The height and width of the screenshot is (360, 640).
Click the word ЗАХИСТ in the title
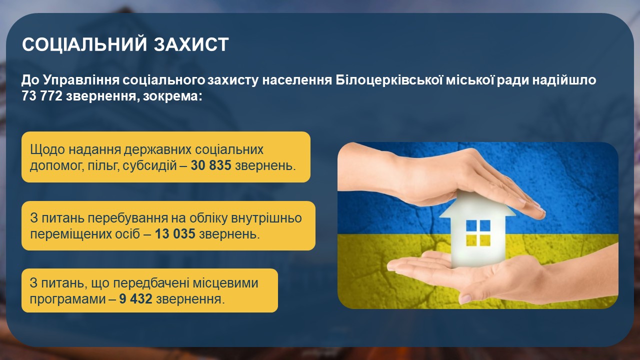click(x=191, y=44)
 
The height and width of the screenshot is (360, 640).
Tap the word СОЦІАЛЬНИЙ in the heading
click(x=85, y=44)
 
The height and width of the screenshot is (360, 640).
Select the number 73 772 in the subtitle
click(x=42, y=96)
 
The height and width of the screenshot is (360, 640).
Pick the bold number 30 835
click(x=211, y=165)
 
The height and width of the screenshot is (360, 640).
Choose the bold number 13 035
click(x=175, y=233)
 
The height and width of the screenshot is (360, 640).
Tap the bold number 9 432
click(x=135, y=299)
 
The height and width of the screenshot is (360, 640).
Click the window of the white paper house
click(x=478, y=233)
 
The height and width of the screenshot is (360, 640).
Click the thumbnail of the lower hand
click(x=465, y=299)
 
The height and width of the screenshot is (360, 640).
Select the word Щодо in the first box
click(x=47, y=149)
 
